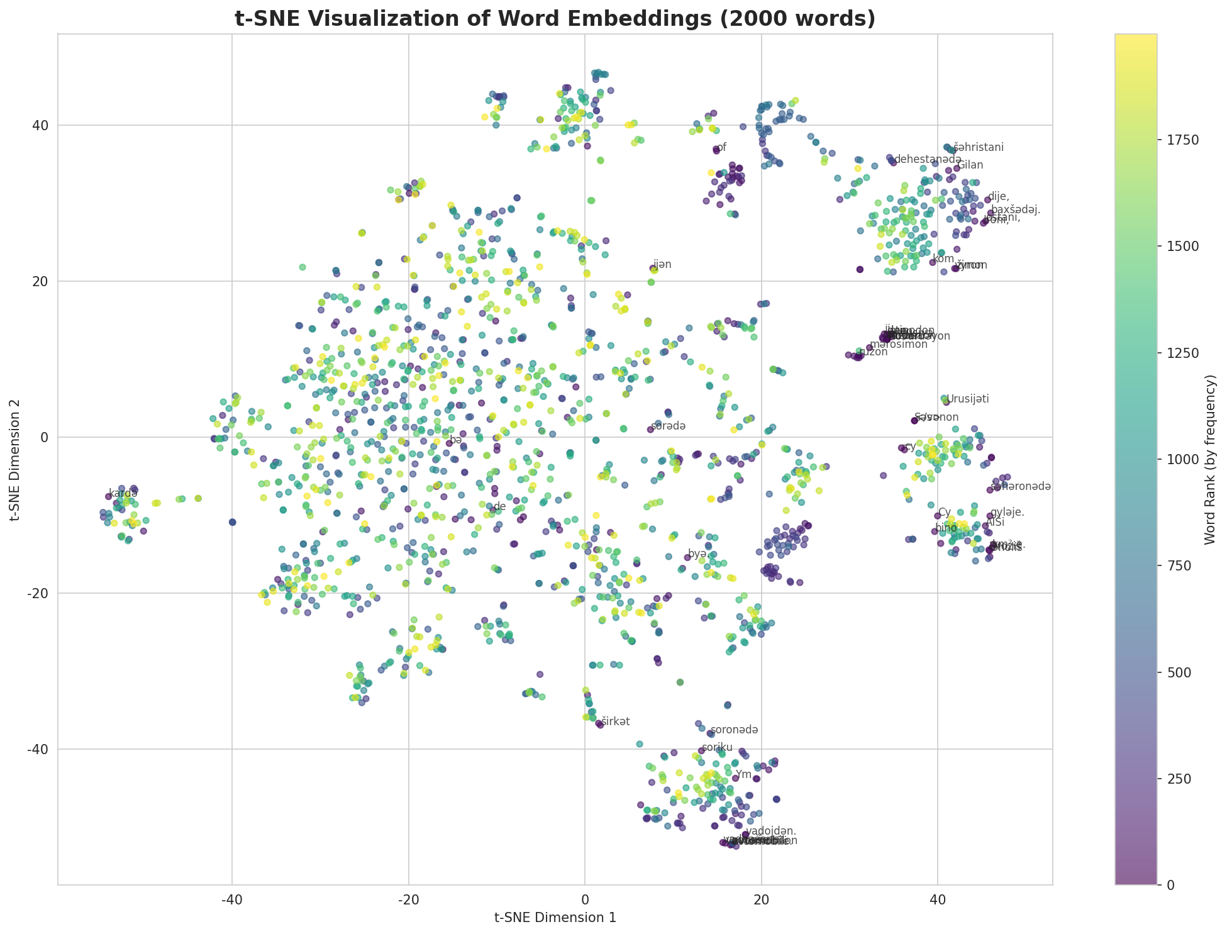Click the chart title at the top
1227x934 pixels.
[x=555, y=18]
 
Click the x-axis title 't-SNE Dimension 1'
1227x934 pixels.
[x=555, y=918]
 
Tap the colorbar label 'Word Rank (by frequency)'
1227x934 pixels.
[x=1208, y=460]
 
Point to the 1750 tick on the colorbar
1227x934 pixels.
[x=1176, y=140]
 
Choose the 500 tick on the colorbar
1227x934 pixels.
[x=1173, y=672]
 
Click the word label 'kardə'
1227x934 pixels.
[x=123, y=493]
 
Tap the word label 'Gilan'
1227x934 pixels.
[x=970, y=165]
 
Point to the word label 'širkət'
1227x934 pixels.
[x=615, y=721]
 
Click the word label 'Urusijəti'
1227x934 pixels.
[x=968, y=399]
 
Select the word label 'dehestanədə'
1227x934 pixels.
[x=927, y=160]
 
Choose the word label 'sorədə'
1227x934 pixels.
[x=668, y=426]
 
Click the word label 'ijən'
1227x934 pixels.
[x=662, y=265]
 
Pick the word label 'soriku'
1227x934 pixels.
[x=714, y=748]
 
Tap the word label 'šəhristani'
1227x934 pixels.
[x=978, y=148]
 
